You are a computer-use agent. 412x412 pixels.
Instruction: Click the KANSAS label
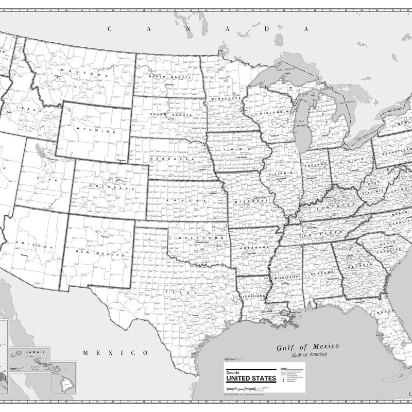click(186, 201)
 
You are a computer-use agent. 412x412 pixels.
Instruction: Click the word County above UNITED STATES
click(233, 372)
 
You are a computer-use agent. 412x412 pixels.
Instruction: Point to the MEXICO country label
click(115, 353)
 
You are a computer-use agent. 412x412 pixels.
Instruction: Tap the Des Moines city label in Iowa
click(242, 157)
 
